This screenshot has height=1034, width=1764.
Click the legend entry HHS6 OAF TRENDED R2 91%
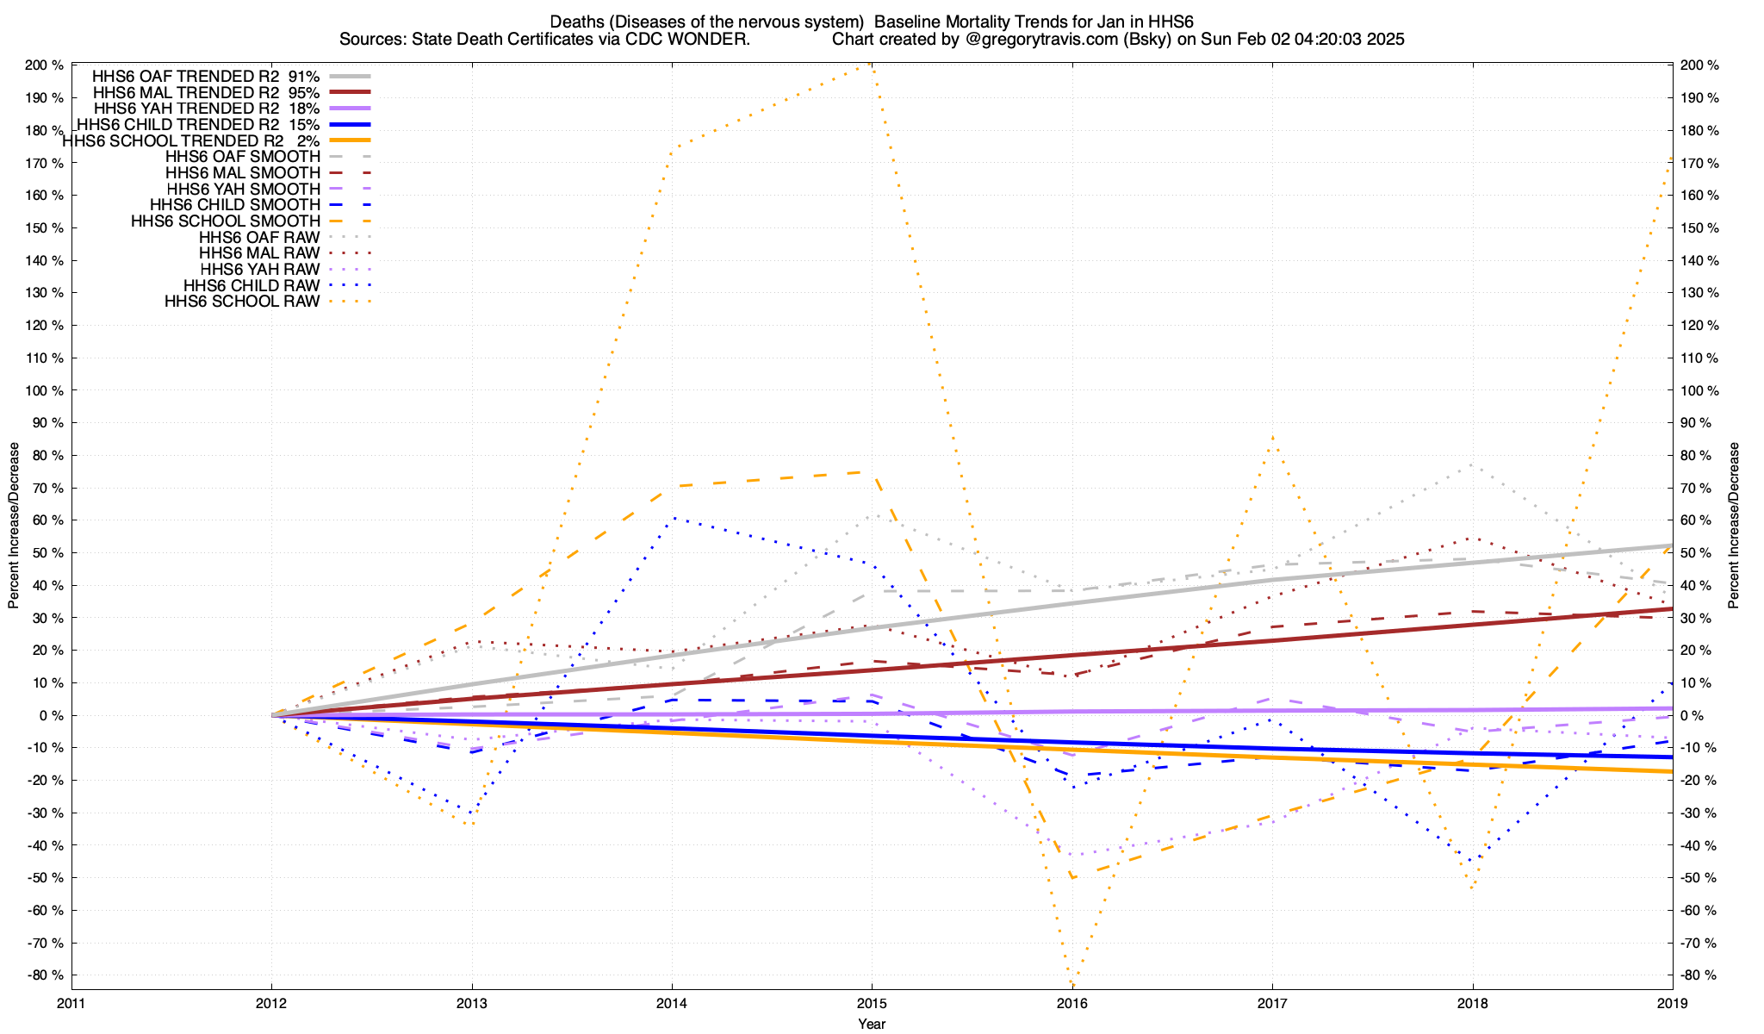[x=206, y=76]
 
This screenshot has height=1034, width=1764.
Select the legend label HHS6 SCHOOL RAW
[x=242, y=302]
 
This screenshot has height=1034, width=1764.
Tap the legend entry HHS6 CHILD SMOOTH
[x=234, y=205]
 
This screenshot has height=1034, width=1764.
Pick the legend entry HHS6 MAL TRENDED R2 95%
[x=206, y=92]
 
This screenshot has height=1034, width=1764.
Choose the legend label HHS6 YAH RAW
[x=259, y=270]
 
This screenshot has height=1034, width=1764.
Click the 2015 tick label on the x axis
[x=872, y=1003]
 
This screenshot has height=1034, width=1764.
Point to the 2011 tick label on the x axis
[x=71, y=1003]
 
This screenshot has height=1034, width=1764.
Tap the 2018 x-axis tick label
[x=1472, y=1003]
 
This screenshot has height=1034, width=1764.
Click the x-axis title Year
[x=872, y=1024]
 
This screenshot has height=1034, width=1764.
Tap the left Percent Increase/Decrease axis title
[x=14, y=526]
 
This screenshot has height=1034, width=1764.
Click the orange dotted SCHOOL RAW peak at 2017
[x=1272, y=438]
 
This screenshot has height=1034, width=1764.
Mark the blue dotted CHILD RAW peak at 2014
[x=673, y=518]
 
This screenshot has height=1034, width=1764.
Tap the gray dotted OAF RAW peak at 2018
[x=1472, y=465]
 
